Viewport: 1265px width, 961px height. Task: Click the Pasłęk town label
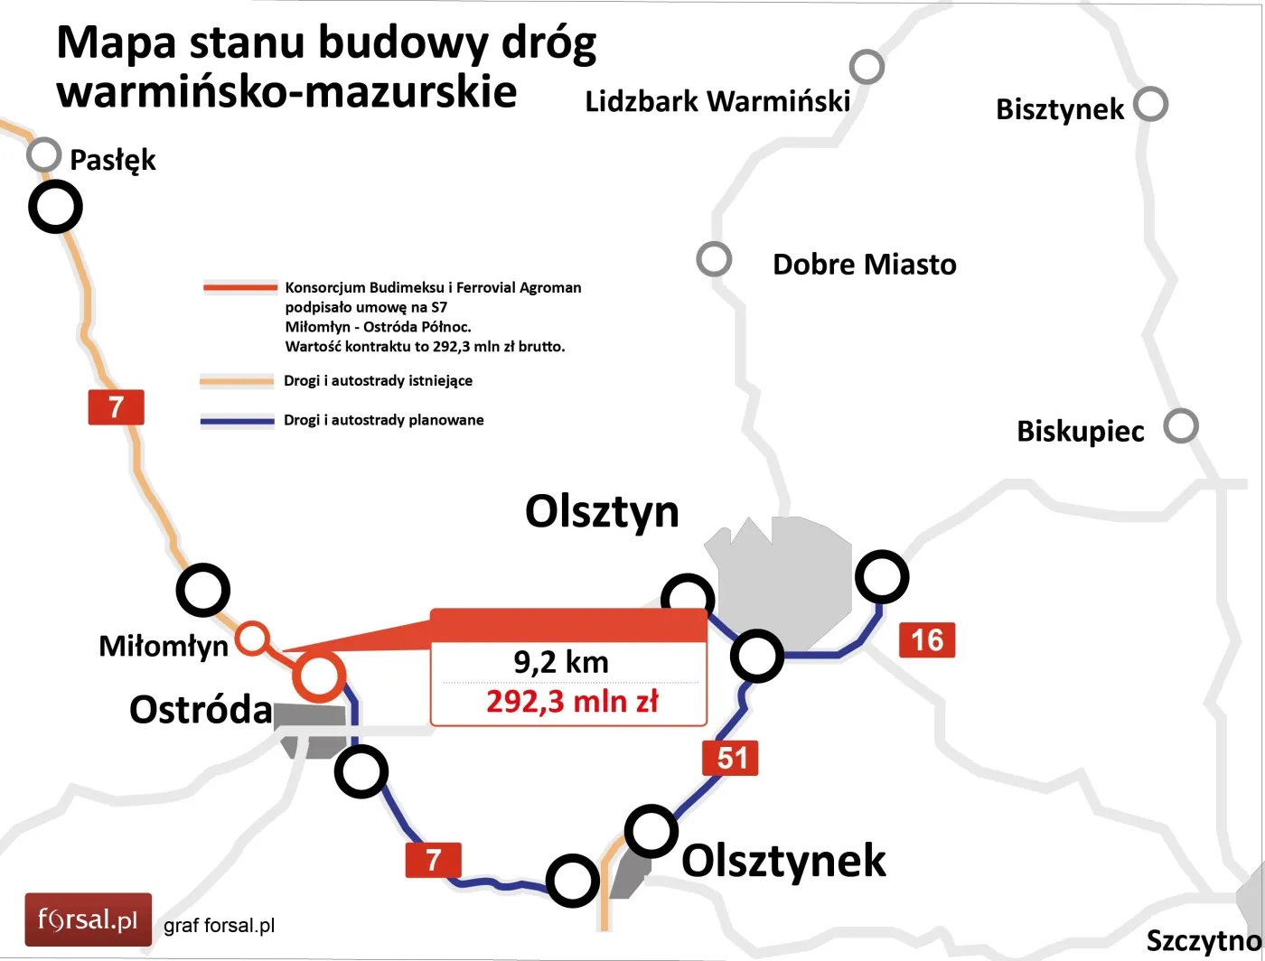tap(112, 161)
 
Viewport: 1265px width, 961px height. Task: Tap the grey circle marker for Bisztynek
tap(1150, 104)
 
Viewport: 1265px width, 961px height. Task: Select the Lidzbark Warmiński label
tap(717, 101)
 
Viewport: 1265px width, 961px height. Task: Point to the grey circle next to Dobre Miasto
tap(714, 259)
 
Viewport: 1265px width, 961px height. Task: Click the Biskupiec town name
tap(1080, 431)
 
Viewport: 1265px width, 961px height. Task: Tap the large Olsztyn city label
tap(602, 511)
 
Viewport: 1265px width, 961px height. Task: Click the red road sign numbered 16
tap(927, 640)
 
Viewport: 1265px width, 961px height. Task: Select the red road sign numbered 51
tap(730, 758)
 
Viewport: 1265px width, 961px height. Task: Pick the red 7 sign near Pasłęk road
tap(116, 407)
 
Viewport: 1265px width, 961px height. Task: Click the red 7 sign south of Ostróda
tap(433, 860)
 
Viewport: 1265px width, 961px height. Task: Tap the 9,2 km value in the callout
tap(561, 662)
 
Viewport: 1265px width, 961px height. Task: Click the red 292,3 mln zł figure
tap(572, 701)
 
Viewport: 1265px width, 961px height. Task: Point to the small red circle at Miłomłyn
tap(252, 639)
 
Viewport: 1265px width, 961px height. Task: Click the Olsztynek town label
tap(782, 861)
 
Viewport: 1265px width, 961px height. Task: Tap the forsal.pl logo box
tap(88, 920)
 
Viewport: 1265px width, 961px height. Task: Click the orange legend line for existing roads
tap(237, 381)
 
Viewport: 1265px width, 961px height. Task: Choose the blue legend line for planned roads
tap(237, 421)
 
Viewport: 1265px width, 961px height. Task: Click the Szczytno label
tap(1202, 941)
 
